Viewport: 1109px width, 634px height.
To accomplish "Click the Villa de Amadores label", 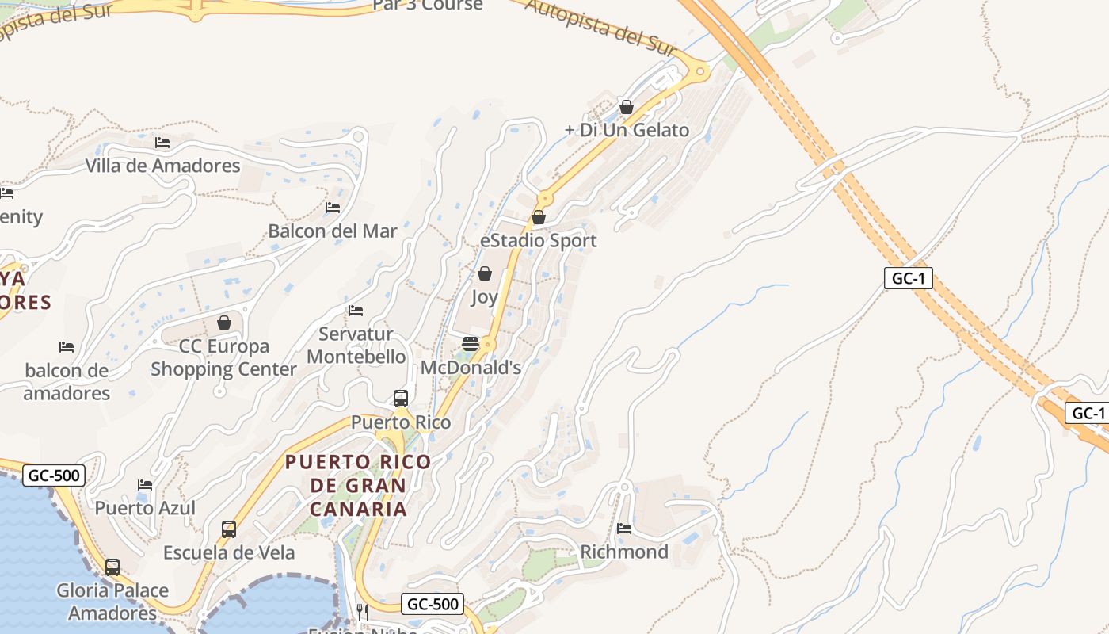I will tap(162, 166).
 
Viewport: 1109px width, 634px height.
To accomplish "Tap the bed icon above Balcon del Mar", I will tap(333, 208).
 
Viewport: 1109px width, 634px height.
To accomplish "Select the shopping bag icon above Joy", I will tap(485, 273).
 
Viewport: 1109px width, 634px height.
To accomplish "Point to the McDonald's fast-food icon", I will tap(471, 343).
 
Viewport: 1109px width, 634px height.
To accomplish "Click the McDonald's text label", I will tap(471, 368).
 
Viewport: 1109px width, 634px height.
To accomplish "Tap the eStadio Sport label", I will tap(539, 240).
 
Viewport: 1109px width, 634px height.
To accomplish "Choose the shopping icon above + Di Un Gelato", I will tap(627, 106).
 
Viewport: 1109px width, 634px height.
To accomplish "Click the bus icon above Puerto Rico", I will tap(401, 398).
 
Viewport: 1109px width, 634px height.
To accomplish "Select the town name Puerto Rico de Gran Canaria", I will tap(358, 485).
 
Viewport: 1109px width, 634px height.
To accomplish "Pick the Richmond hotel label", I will tap(624, 552).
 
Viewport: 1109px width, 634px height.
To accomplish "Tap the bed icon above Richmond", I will tap(624, 528).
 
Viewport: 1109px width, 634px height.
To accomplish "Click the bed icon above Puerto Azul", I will tap(144, 484).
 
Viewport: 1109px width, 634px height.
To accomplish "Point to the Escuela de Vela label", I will tap(229, 552).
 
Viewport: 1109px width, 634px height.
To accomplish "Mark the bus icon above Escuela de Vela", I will tap(229, 529).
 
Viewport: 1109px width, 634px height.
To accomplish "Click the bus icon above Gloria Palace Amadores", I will tap(112, 567).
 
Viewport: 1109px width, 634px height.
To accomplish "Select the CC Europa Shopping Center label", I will tap(223, 357).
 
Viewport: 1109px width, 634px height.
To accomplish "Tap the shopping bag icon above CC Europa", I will tap(224, 323).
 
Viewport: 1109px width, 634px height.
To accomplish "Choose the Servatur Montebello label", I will tap(356, 346).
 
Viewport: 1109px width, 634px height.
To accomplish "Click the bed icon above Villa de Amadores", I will tap(162, 143).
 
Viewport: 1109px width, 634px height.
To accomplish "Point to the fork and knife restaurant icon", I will tap(362, 612).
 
